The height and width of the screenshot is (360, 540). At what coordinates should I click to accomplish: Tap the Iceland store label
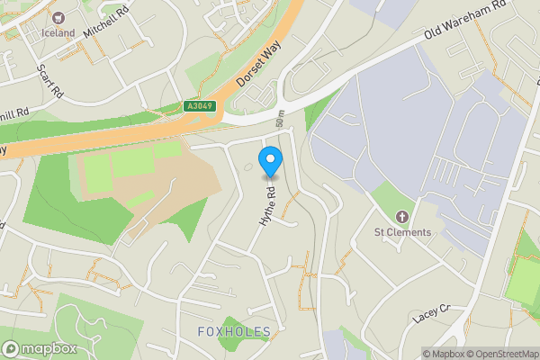click(58, 33)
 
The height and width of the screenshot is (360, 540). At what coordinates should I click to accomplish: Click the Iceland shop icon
click(58, 18)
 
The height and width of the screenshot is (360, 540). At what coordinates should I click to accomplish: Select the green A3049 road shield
click(199, 106)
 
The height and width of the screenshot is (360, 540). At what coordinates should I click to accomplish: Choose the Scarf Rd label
click(49, 81)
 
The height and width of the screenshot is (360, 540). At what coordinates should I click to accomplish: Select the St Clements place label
click(402, 232)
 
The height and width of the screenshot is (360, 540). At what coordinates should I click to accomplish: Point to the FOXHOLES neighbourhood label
click(234, 332)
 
